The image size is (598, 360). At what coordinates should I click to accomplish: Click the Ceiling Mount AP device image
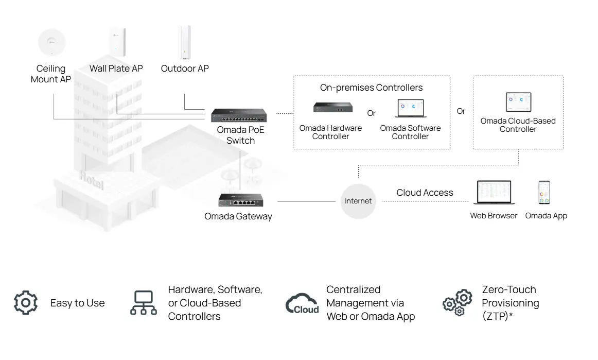pos(51,43)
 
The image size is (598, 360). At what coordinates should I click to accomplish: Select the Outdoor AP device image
pos(185,43)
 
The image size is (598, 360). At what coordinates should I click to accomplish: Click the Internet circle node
pos(358,201)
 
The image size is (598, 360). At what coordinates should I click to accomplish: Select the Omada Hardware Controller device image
pos(330,108)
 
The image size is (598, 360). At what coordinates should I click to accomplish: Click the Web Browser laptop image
pos(494,193)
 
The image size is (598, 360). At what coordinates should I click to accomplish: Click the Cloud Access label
pos(425,193)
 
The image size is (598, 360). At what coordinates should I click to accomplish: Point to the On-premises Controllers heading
pos(371,88)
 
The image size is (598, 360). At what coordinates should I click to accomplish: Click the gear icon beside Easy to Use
pos(26,303)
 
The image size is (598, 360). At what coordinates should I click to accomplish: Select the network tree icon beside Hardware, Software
pos(143,303)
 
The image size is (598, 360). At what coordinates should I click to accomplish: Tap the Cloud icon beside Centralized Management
pos(302,304)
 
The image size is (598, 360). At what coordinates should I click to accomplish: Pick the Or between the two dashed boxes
pos(461,111)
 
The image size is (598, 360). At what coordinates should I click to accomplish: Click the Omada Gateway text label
pos(238,216)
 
